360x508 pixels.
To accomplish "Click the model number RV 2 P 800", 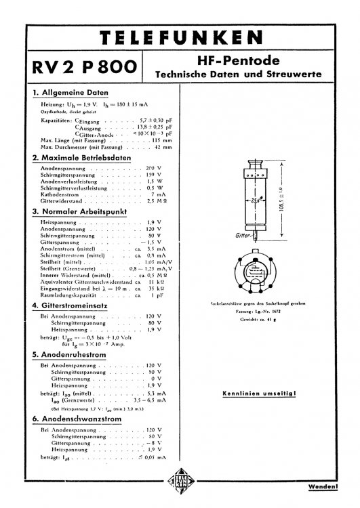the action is pos(83,68).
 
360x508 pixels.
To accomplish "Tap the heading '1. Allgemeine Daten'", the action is pos(71,92).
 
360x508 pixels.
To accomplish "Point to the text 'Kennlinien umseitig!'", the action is pos(262,393).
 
